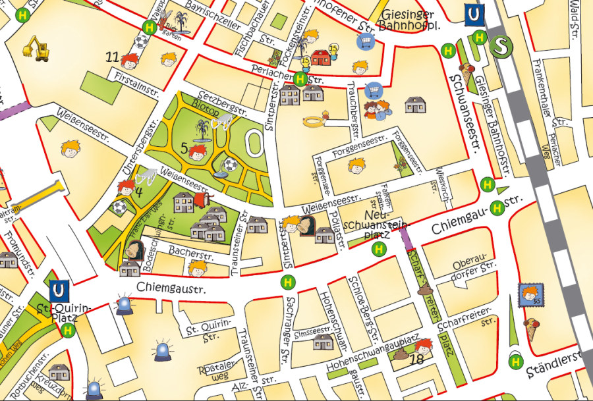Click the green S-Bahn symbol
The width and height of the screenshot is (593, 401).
[503, 46]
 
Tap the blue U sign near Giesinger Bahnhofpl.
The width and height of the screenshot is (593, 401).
[472, 14]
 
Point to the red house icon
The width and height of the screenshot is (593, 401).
[321, 57]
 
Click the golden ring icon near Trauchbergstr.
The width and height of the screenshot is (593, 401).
[315, 121]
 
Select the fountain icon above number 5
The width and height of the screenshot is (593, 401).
[202, 129]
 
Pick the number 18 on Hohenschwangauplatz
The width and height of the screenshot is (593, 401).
[416, 359]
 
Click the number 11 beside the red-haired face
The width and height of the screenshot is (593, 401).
[112, 57]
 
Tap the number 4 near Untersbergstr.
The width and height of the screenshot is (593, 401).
[138, 192]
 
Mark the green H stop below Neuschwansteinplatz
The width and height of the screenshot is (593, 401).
[379, 248]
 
